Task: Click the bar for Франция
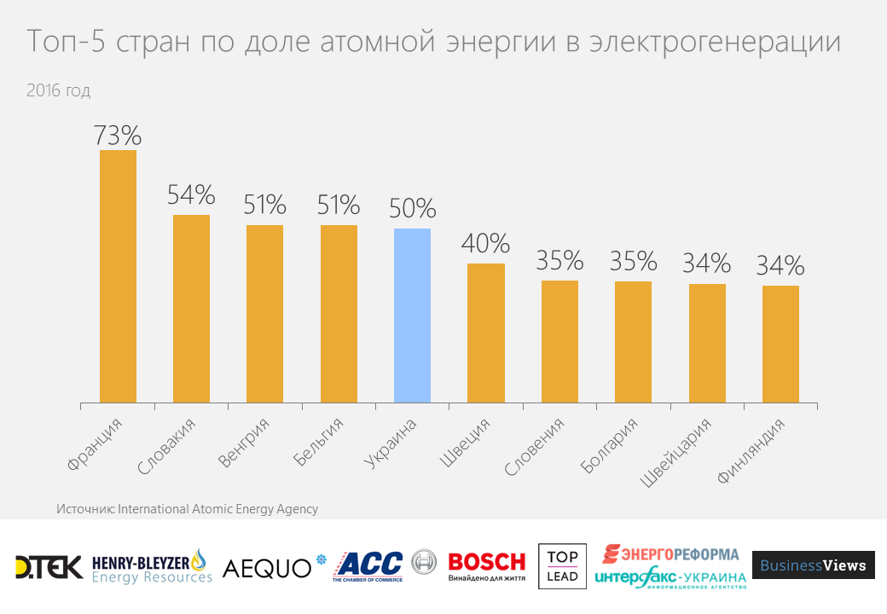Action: click(118, 276)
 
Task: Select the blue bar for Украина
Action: click(412, 316)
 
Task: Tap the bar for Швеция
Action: click(486, 333)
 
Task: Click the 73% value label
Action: click(118, 135)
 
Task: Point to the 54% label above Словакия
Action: click(191, 195)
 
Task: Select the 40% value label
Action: click(485, 244)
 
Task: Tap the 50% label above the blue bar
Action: click(412, 209)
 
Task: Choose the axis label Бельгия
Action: click(319, 443)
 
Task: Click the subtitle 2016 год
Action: click(58, 90)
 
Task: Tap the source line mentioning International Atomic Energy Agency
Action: click(188, 509)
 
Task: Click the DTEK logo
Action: click(49, 566)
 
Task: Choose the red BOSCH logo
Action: click(487, 563)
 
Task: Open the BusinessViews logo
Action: click(813, 565)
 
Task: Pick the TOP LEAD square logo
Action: click(562, 566)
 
